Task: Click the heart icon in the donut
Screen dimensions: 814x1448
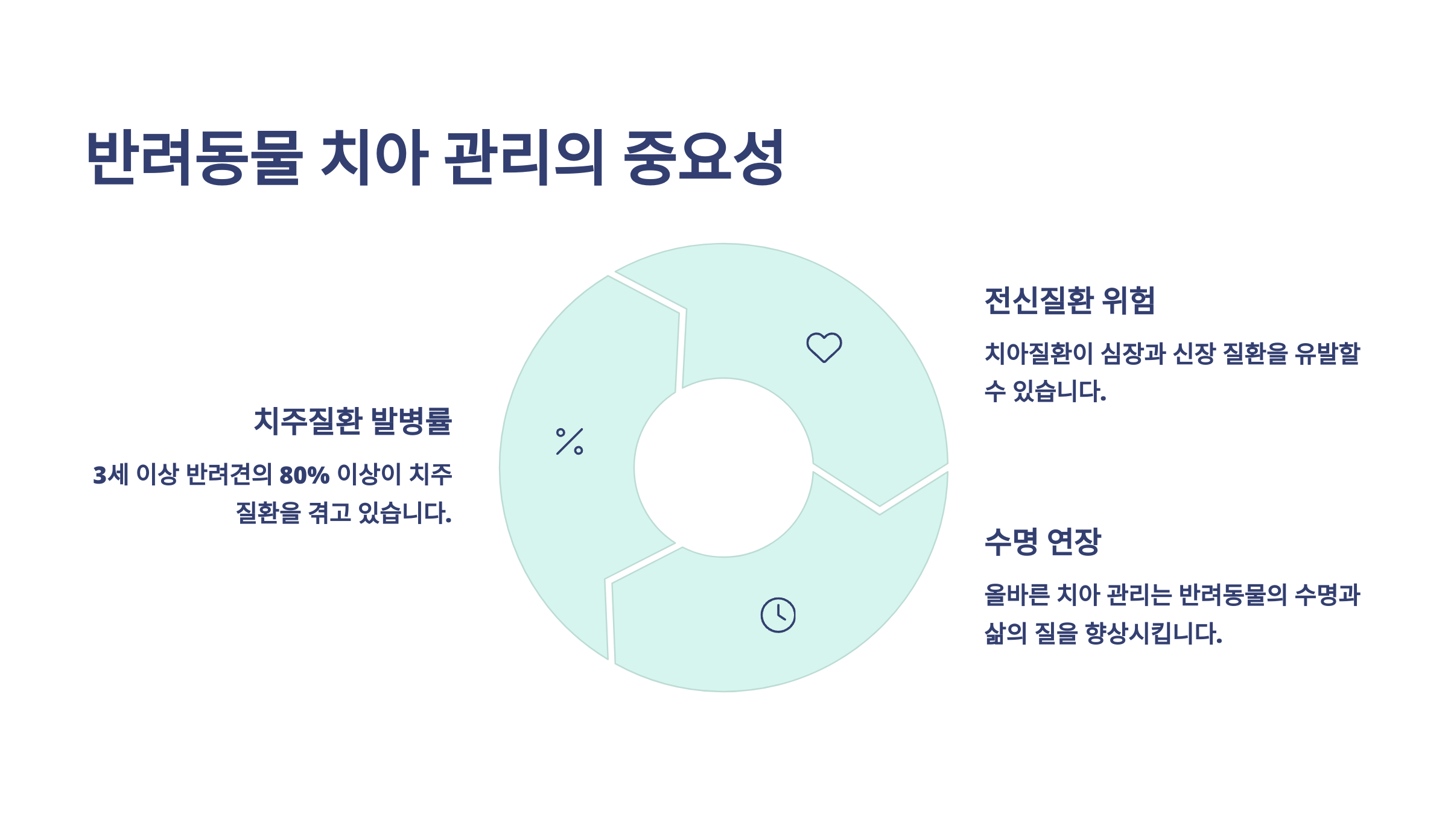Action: (824, 347)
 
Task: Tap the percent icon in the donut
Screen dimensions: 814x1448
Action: (570, 441)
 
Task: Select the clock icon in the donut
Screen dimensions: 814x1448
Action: (778, 615)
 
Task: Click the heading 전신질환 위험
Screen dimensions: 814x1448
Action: (1069, 300)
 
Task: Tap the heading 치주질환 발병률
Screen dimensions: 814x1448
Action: (353, 421)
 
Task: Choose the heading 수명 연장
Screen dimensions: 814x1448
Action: (1043, 541)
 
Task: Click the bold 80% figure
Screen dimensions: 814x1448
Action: (304, 475)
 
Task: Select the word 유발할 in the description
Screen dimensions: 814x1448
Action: (1327, 353)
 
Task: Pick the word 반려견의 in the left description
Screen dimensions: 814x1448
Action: (229, 475)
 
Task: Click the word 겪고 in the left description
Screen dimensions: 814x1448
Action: (329, 513)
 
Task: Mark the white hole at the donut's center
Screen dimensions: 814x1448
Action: (723, 467)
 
